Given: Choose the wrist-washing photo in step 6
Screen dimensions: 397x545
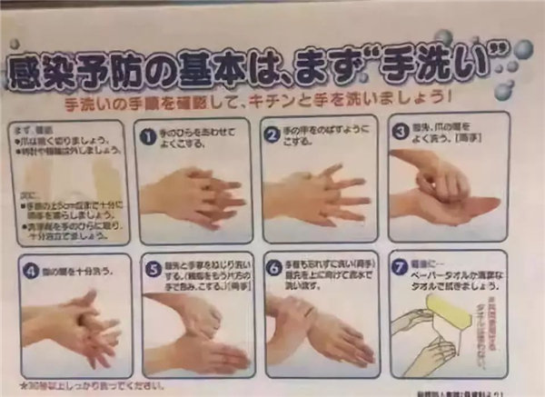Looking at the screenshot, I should tap(318, 327).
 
